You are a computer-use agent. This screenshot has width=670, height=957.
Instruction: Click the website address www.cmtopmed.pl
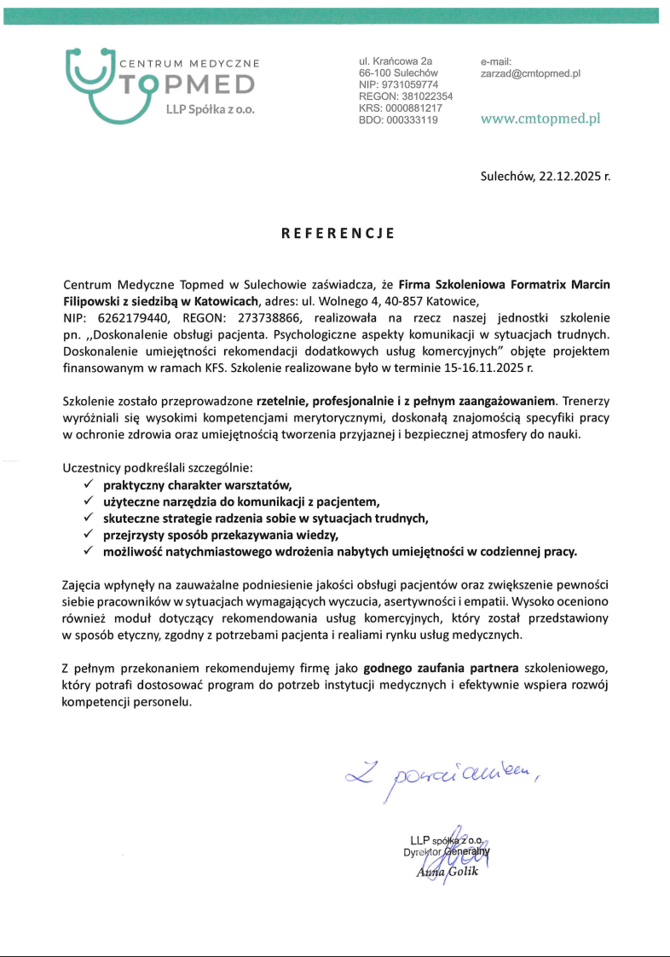pyautogui.click(x=540, y=119)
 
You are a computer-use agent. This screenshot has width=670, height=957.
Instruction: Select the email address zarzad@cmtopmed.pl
pyautogui.click(x=530, y=74)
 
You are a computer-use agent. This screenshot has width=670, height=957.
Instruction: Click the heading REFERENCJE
pyautogui.click(x=338, y=233)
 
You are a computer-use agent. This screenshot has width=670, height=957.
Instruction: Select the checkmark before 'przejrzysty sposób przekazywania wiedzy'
pyautogui.click(x=89, y=535)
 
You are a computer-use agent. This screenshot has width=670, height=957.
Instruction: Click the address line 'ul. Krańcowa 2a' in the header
pyautogui.click(x=396, y=61)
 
